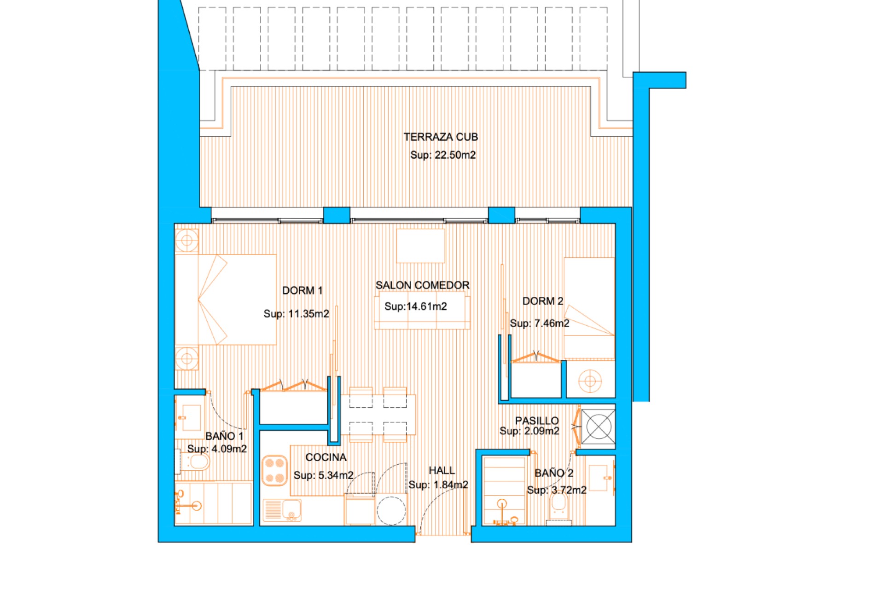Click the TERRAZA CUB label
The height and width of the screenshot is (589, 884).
441,137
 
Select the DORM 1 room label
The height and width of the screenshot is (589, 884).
302,291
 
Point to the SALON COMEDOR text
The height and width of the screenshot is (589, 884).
422,285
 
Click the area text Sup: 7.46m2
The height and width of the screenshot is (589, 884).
539,323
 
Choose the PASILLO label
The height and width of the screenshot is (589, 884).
536,421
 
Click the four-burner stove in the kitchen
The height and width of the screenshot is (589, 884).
275,470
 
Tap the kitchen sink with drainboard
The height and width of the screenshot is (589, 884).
282,510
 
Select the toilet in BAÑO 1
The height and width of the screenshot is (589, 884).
196,462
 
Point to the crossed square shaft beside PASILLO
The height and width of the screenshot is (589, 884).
598,427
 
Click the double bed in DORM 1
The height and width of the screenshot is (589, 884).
226,299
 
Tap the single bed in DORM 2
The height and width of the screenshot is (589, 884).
589,308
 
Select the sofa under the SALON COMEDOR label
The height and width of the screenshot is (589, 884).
422,318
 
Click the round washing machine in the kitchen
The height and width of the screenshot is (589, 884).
391,510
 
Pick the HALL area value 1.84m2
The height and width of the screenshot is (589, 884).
450,485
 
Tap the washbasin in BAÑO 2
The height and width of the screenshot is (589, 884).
599,478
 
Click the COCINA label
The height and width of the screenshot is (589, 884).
326,457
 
